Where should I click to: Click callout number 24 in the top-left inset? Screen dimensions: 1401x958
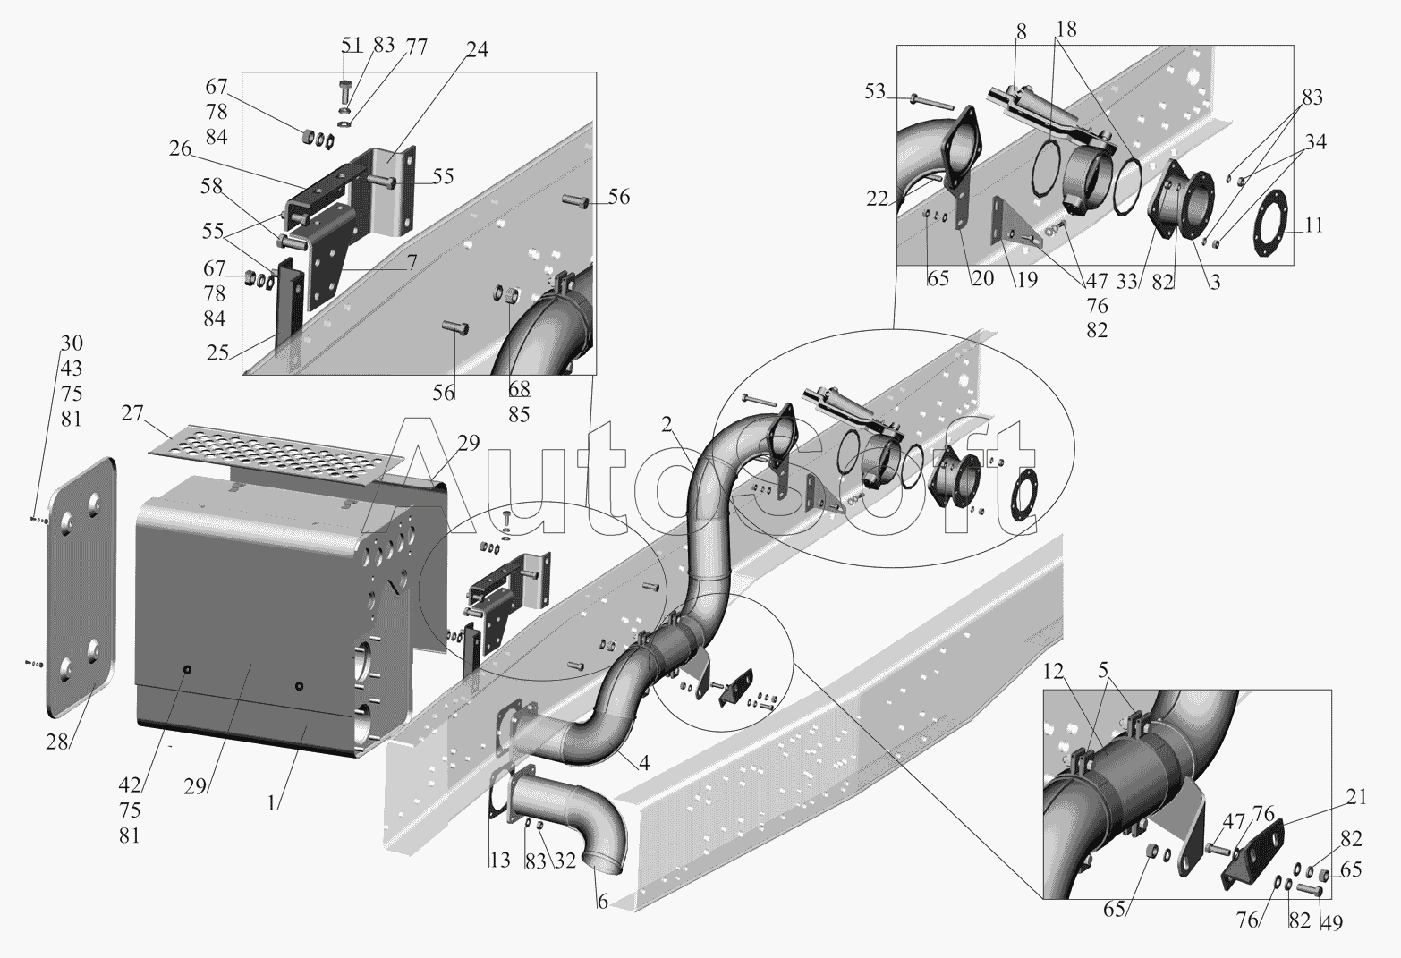[x=477, y=50]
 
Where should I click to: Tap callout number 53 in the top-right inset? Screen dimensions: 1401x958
[x=875, y=91]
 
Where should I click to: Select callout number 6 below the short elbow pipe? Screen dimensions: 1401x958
[x=602, y=902]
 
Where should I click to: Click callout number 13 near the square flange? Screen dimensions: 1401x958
[x=499, y=861]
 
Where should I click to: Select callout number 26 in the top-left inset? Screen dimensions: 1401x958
[x=181, y=148]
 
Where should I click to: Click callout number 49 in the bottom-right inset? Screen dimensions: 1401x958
[x=1331, y=923]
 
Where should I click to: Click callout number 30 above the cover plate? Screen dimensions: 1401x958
[x=72, y=343]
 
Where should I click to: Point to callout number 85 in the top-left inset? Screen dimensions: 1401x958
[x=519, y=414]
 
